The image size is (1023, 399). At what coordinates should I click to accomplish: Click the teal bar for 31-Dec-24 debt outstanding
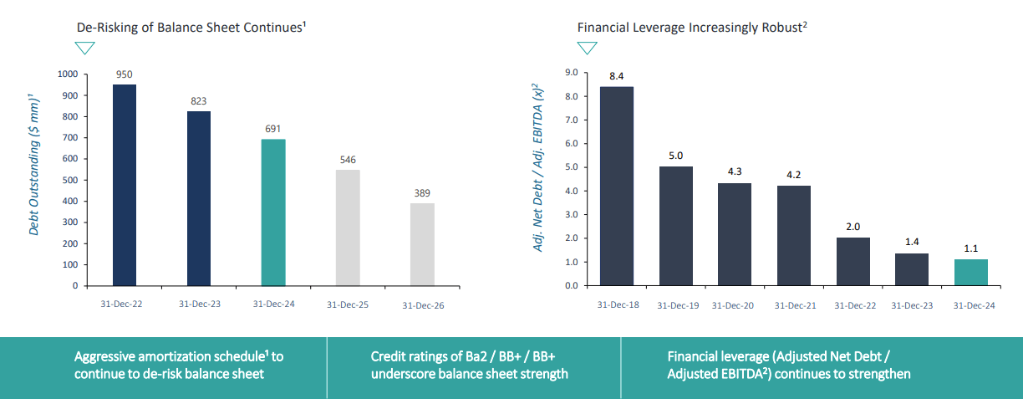[x=273, y=212]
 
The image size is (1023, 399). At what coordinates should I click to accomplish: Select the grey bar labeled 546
[x=347, y=228]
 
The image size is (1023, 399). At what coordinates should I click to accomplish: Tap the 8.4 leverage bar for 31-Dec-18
[x=617, y=186]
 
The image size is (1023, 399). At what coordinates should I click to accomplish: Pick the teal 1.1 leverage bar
[x=971, y=272]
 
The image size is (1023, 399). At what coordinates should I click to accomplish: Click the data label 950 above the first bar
[x=124, y=74]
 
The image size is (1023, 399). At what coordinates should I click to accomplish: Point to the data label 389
[x=421, y=193]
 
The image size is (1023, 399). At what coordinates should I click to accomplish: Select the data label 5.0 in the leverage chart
[x=676, y=156]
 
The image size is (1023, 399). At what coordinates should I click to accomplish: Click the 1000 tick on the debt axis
[x=68, y=74]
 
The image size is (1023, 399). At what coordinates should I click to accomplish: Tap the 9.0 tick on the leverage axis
[x=572, y=73]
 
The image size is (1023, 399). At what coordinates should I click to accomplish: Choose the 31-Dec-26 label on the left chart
[x=423, y=305]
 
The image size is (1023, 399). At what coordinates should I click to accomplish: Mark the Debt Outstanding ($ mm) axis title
[x=34, y=164]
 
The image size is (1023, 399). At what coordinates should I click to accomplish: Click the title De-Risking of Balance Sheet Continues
[x=191, y=27]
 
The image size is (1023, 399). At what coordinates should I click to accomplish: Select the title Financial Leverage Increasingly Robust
[x=691, y=27]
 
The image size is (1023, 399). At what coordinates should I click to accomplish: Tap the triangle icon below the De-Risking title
[x=86, y=48]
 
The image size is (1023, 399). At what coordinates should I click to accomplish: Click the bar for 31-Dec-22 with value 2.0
[x=852, y=261]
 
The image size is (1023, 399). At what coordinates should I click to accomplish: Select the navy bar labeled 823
[x=199, y=198]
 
